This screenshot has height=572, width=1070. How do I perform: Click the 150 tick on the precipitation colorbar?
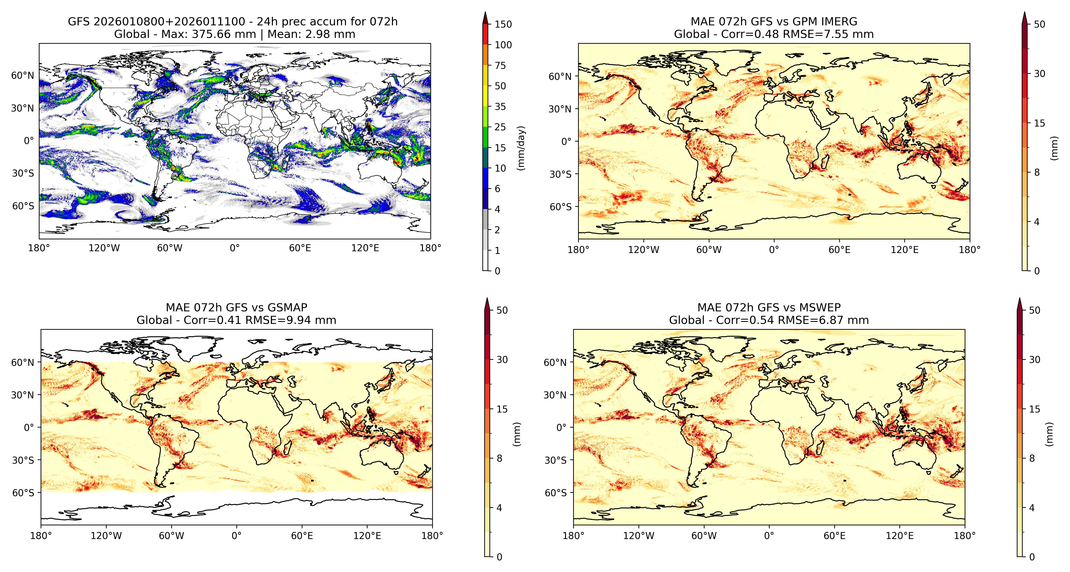pyautogui.click(x=503, y=24)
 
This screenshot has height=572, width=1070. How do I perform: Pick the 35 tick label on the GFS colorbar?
pyautogui.click(x=500, y=107)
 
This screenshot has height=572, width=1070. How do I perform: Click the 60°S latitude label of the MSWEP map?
pyautogui.click(x=555, y=493)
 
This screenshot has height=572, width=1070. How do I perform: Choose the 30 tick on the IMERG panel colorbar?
pyautogui.click(x=1039, y=74)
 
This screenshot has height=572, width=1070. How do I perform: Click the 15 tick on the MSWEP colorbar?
pyautogui.click(x=1034, y=409)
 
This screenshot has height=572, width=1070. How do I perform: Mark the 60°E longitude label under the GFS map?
pyautogui.click(x=300, y=248)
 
